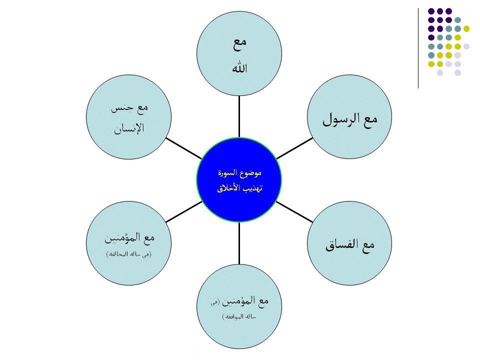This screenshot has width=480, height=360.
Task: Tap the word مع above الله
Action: pyautogui.click(x=240, y=44)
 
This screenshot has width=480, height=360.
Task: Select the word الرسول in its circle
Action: pyautogui.click(x=340, y=120)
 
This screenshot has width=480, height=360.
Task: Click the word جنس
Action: pyautogui.click(x=122, y=107)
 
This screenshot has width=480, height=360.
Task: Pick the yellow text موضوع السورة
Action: pyautogui.click(x=239, y=173)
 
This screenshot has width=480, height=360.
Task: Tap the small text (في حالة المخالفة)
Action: pyautogui.click(x=128, y=254)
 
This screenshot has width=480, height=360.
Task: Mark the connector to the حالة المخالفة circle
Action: pyautogui.click(x=182, y=212)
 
